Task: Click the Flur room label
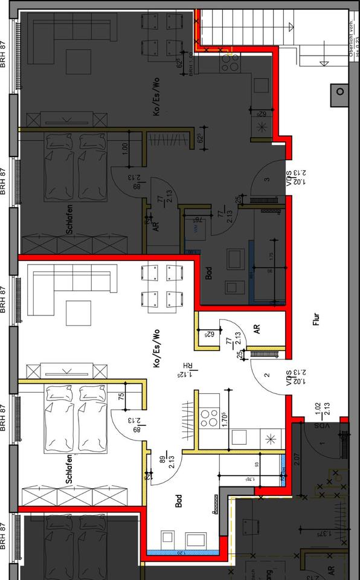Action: (x=315, y=320)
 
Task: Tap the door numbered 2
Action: (x=266, y=375)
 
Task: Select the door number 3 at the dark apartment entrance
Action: (x=266, y=178)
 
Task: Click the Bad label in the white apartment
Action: (x=179, y=501)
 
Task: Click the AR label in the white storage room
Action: (x=257, y=329)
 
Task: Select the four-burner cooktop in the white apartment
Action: (x=209, y=417)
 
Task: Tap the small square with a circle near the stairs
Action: (x=339, y=92)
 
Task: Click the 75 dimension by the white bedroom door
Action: (x=121, y=397)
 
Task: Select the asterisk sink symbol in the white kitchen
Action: (x=269, y=437)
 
